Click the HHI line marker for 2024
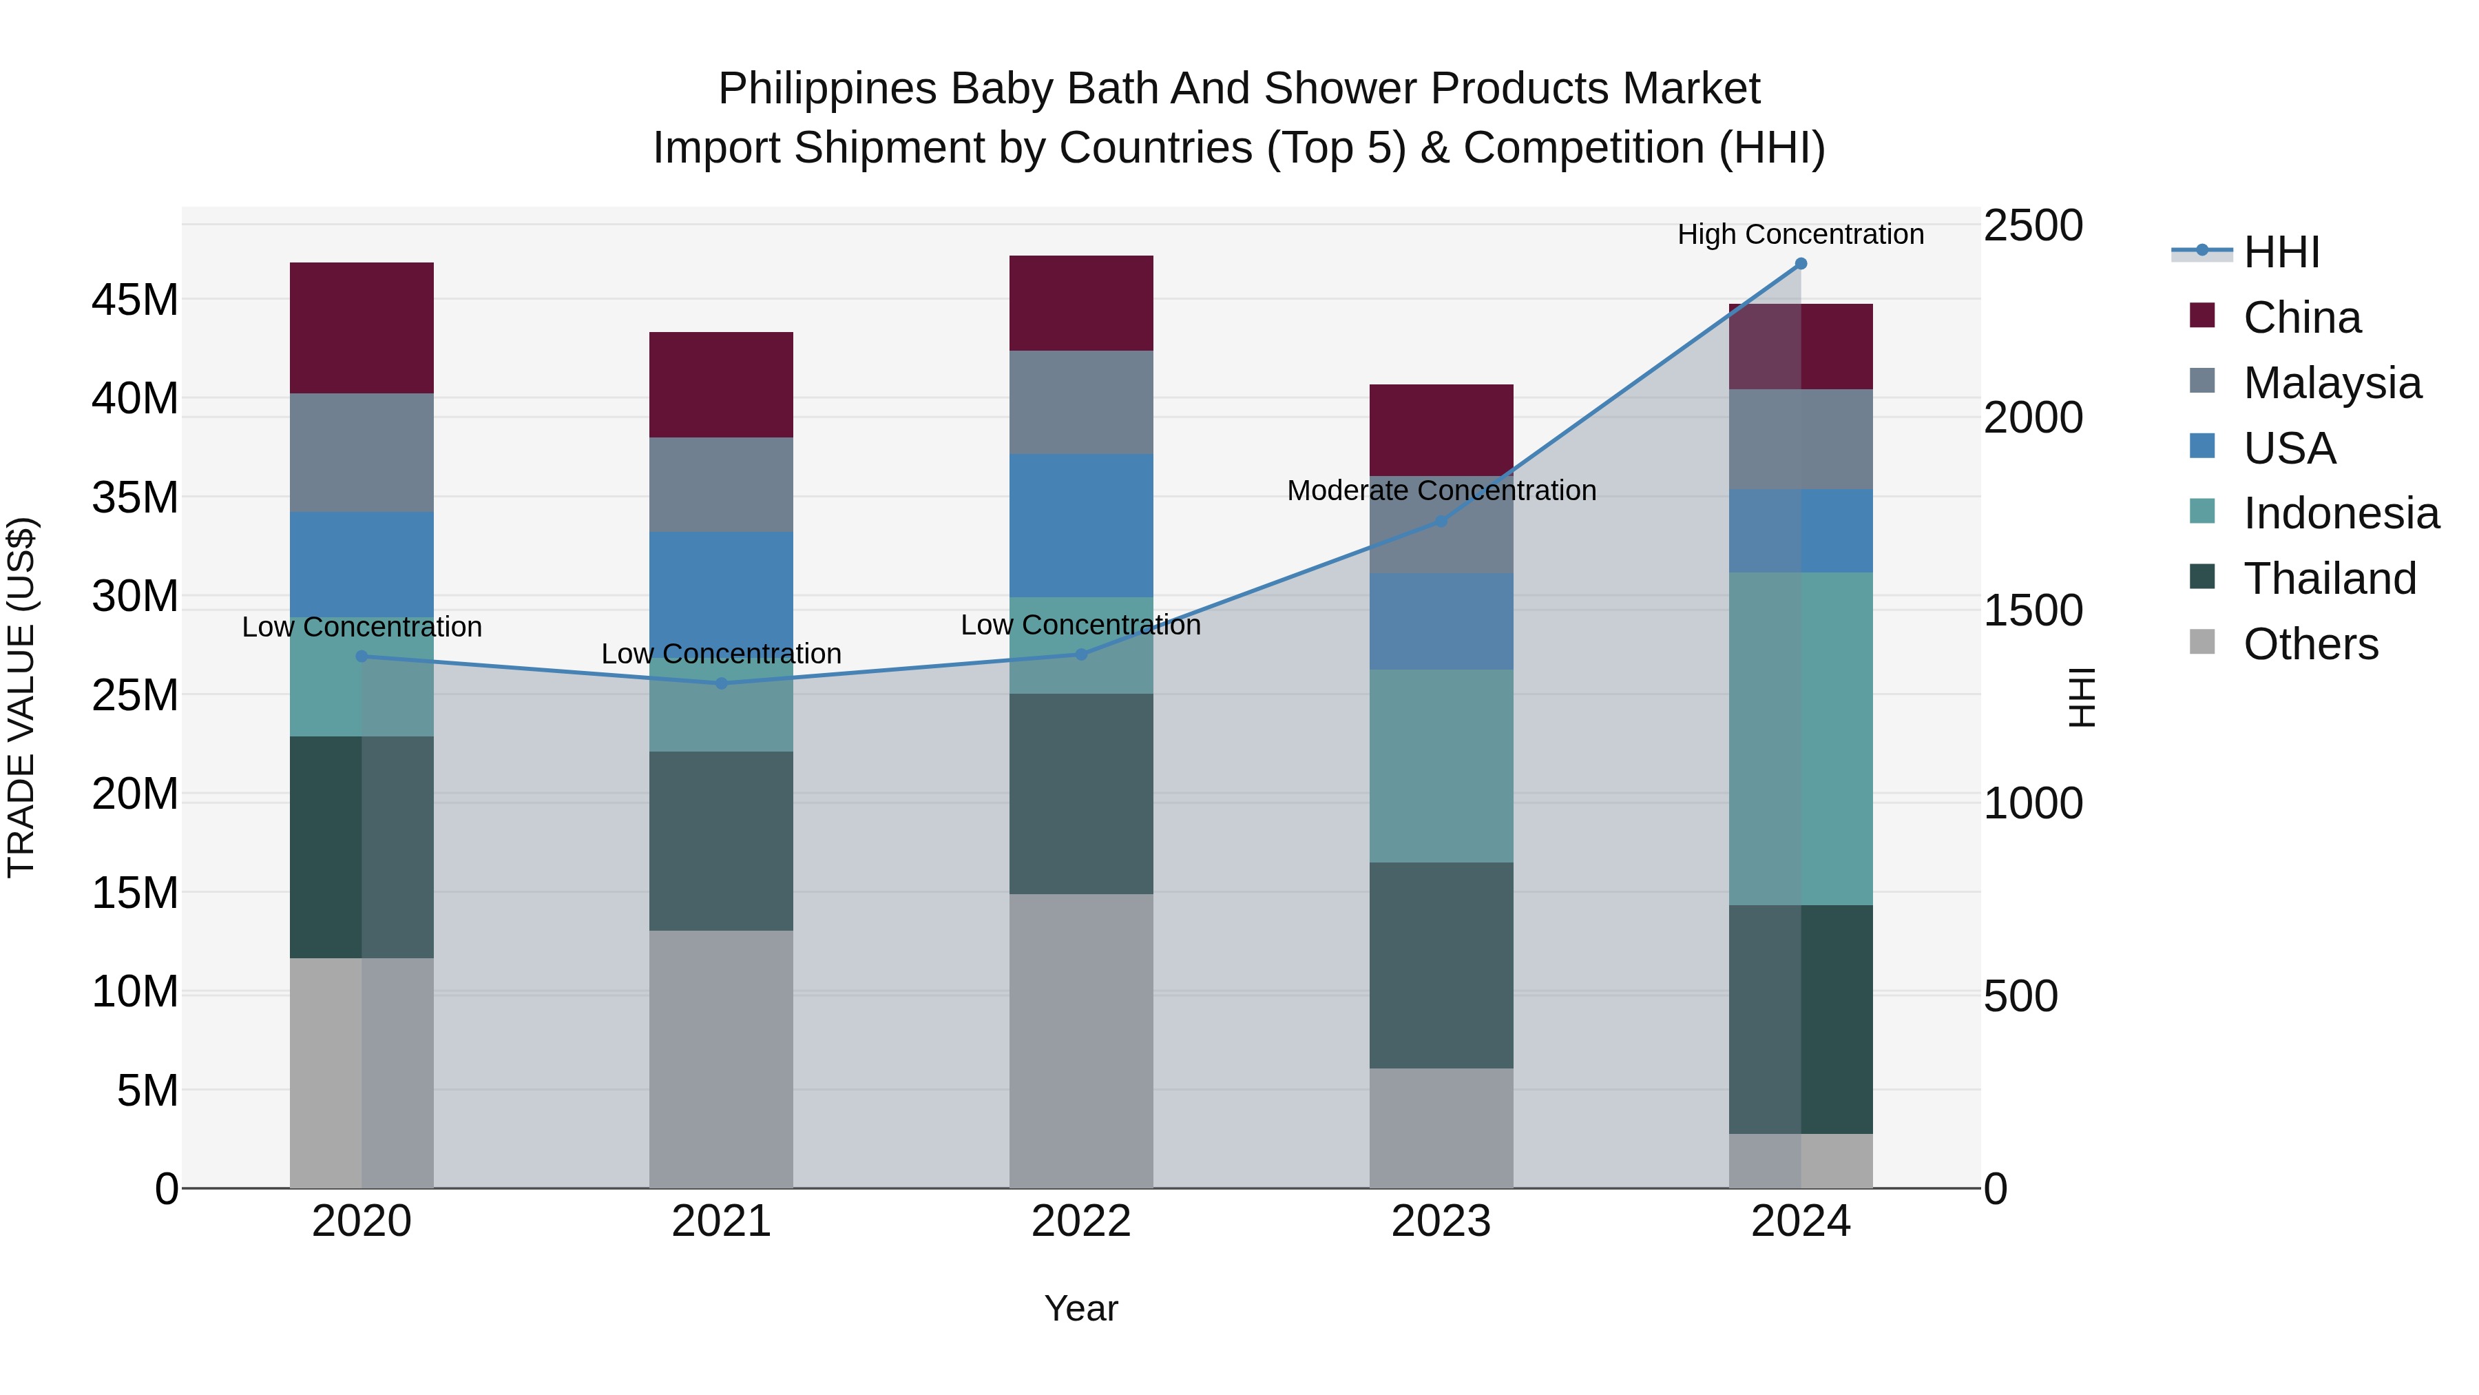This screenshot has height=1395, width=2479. click(1801, 264)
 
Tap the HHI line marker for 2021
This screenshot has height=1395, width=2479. click(722, 683)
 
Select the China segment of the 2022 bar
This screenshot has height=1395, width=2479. click(1080, 303)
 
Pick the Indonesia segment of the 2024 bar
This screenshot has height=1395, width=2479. click(1801, 738)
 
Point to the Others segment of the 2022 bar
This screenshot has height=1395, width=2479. click(1080, 1040)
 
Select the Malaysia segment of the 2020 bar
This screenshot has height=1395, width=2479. click(362, 453)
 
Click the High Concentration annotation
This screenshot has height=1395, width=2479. click(1801, 234)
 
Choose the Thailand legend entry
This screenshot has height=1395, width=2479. click(2329, 579)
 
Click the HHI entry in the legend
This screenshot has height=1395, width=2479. click(2281, 252)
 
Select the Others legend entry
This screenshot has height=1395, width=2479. click(2310, 644)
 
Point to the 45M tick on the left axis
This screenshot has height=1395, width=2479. click(135, 300)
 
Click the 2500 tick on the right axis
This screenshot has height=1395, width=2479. click(2033, 225)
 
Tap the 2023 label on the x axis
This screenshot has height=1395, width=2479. click(1441, 1221)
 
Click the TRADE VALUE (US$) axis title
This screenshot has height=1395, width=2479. click(21, 697)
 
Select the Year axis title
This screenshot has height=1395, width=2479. click(1080, 1308)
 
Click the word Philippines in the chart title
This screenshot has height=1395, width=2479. click(826, 89)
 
